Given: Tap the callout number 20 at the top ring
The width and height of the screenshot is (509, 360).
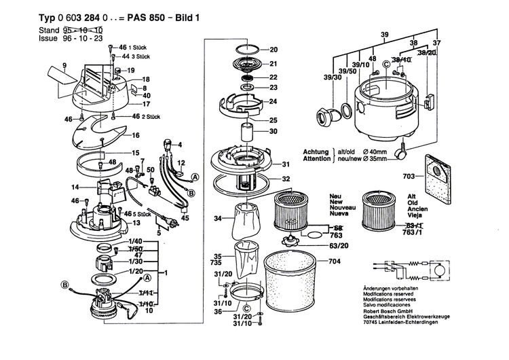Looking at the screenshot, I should [274, 50].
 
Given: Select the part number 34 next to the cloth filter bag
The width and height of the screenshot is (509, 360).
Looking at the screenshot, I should [217, 219].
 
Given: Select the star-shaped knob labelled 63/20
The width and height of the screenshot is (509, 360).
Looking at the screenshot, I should [294, 239].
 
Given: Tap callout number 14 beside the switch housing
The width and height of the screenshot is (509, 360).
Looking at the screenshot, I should [75, 187].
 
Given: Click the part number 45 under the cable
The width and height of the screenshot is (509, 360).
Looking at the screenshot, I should [185, 218].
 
